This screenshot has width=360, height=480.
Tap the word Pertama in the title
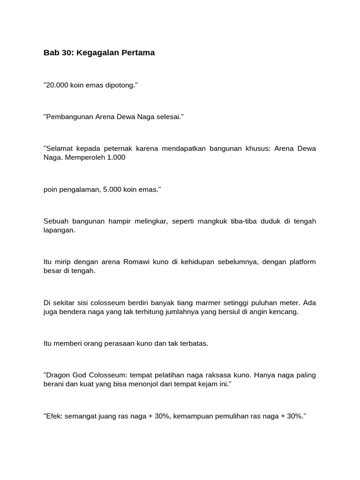[x=138, y=53]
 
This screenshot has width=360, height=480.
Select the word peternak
[x=117, y=149]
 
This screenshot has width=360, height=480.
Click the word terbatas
[x=192, y=343]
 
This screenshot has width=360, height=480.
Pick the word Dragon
[x=58, y=375]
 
